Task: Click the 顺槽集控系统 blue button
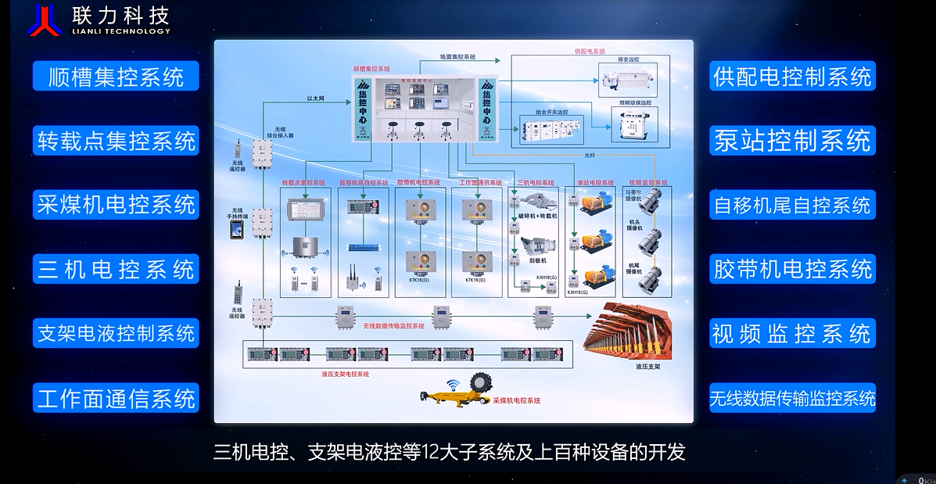pyautogui.click(x=116, y=77)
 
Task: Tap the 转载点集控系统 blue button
pyautogui.click(x=116, y=141)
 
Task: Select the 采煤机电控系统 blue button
pyautogui.click(x=116, y=205)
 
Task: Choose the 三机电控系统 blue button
pyautogui.click(x=116, y=270)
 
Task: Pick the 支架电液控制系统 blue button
pyautogui.click(x=116, y=334)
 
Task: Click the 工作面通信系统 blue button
pyautogui.click(x=116, y=399)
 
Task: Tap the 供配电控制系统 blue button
pyautogui.click(x=792, y=77)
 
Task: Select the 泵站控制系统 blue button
pyautogui.click(x=792, y=141)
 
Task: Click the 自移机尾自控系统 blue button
pyautogui.click(x=792, y=205)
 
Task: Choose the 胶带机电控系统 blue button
pyautogui.click(x=792, y=270)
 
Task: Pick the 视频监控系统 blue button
pyautogui.click(x=792, y=334)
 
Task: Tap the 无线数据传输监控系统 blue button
pyautogui.click(x=792, y=399)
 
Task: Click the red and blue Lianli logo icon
pyautogui.click(x=44, y=20)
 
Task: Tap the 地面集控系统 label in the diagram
pyautogui.click(x=457, y=57)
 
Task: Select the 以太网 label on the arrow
pyautogui.click(x=315, y=99)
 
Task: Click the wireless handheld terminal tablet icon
pyautogui.click(x=236, y=228)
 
